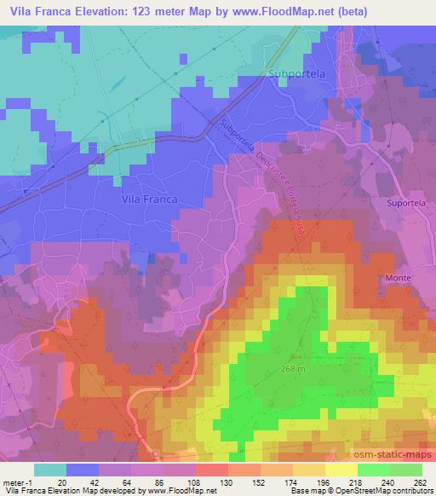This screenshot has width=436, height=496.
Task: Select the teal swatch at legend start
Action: coord(50,469)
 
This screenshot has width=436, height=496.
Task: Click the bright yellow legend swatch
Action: coord(341,469)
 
